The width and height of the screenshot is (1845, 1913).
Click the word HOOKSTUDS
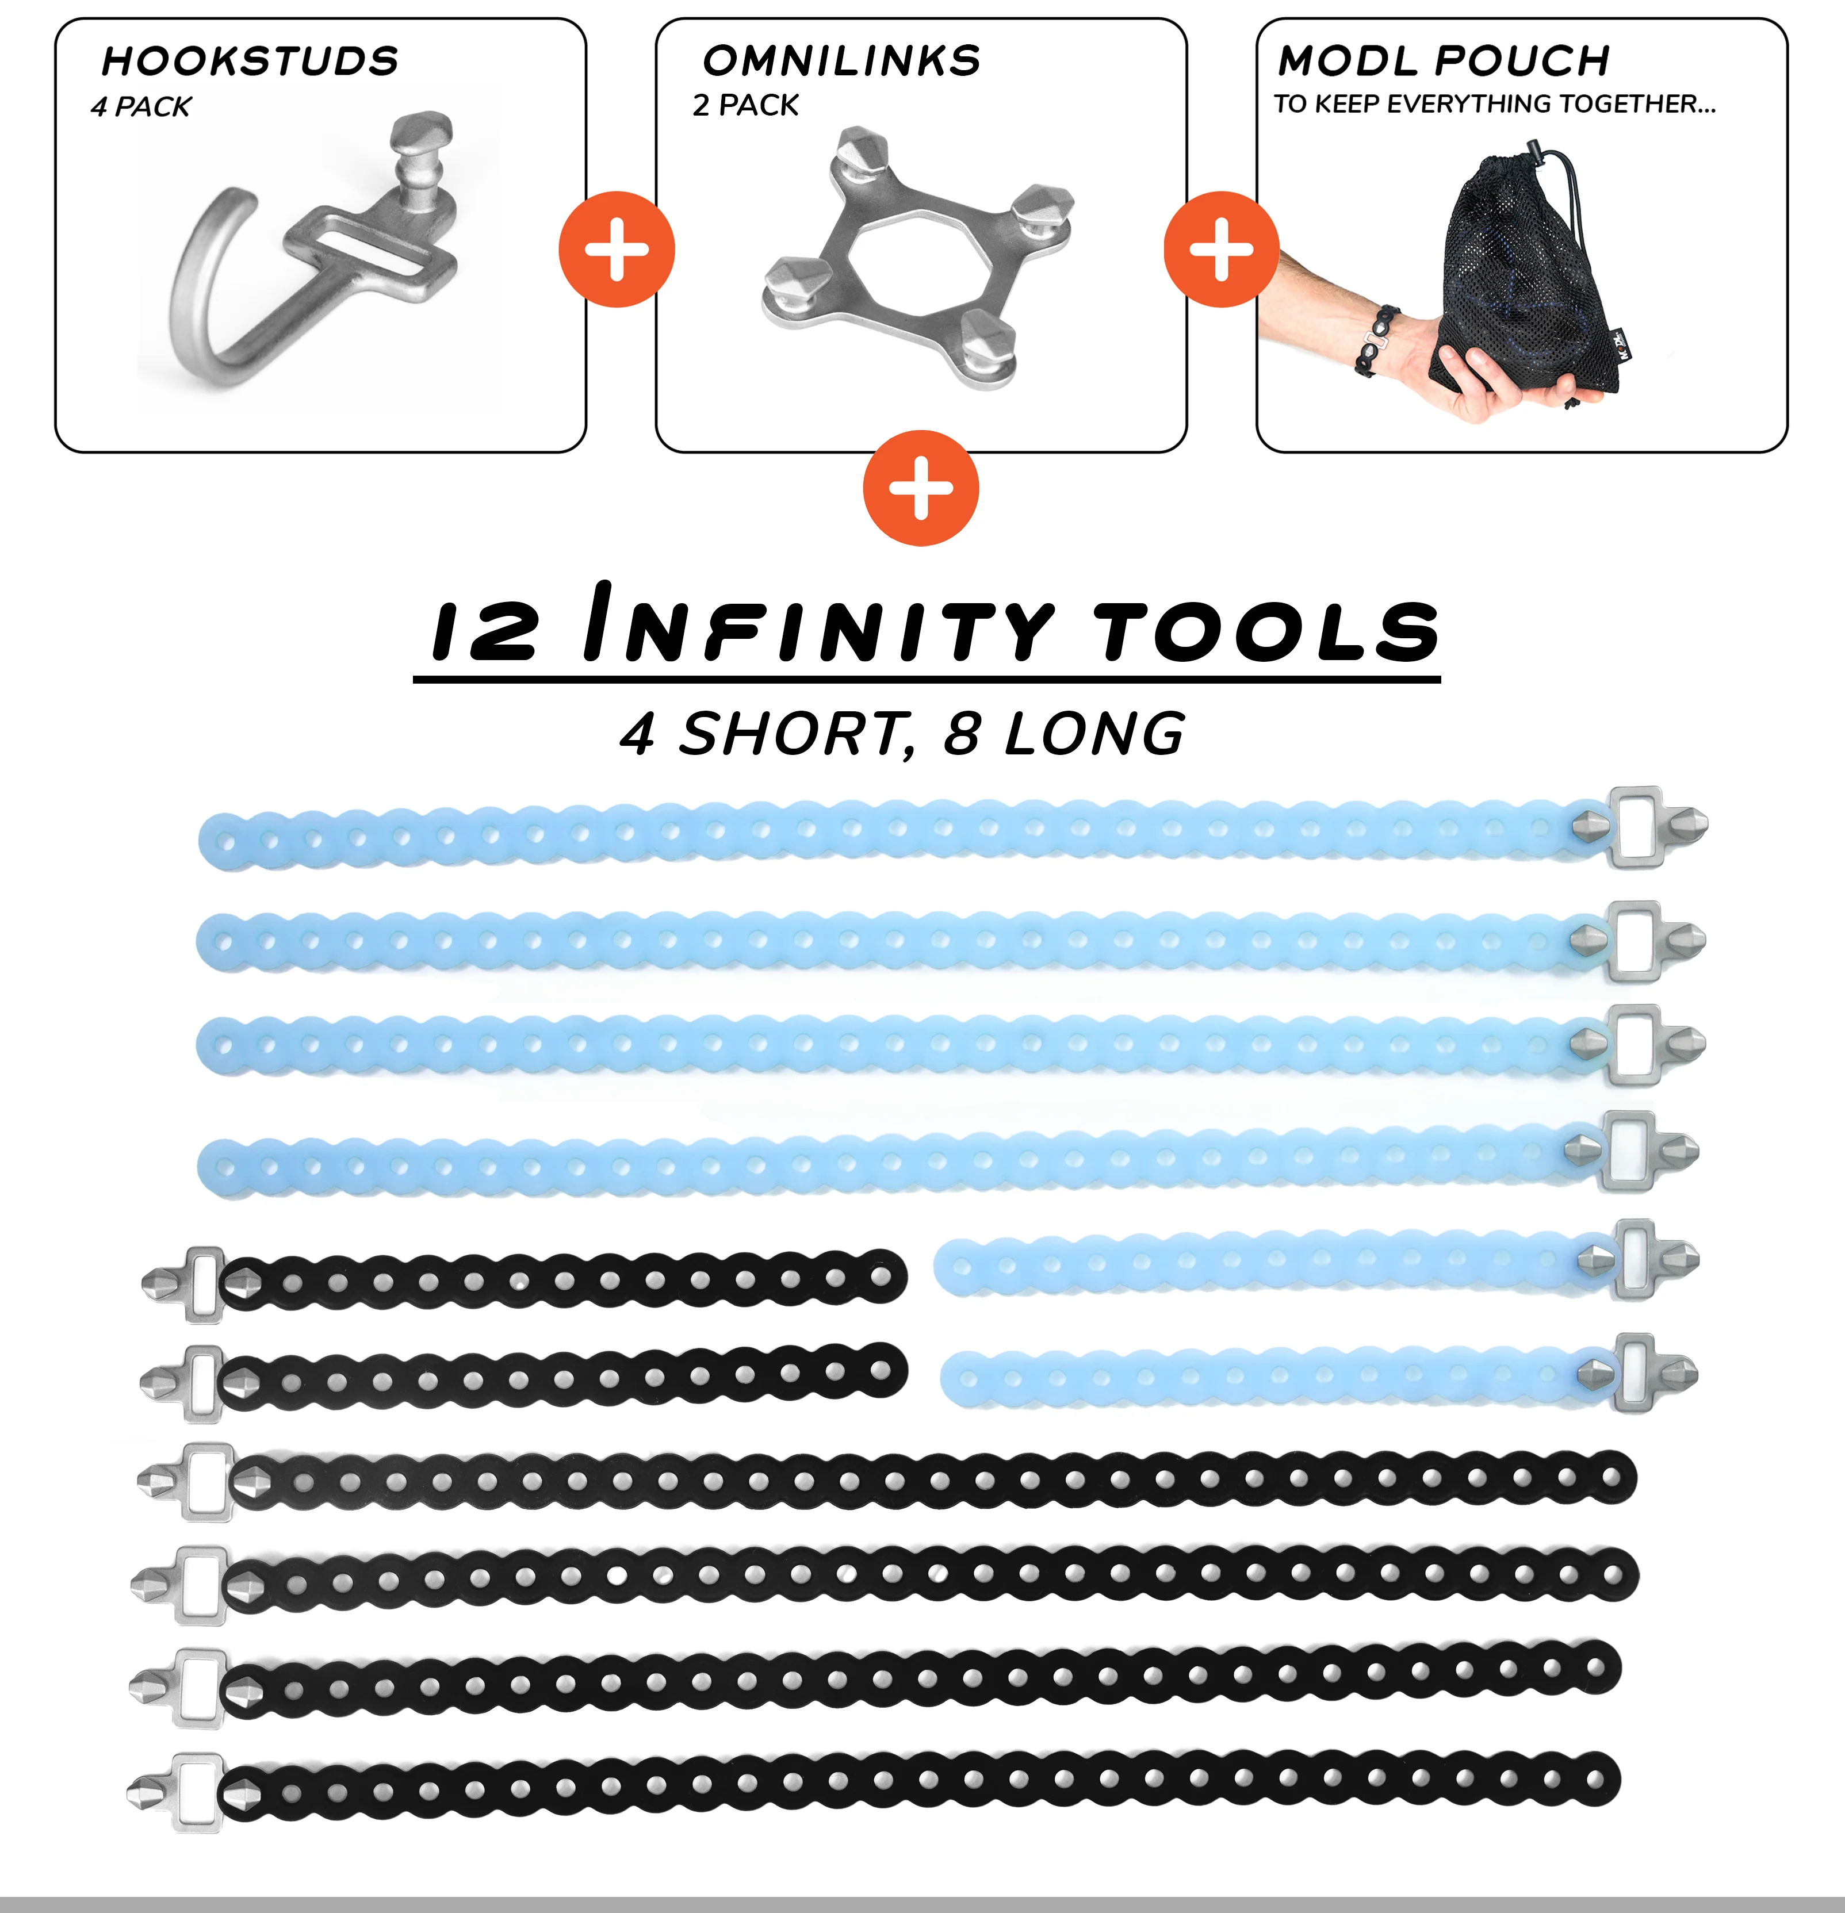250,62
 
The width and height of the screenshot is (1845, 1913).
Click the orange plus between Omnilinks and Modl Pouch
1221,250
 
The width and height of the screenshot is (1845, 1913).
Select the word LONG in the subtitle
1095,734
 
